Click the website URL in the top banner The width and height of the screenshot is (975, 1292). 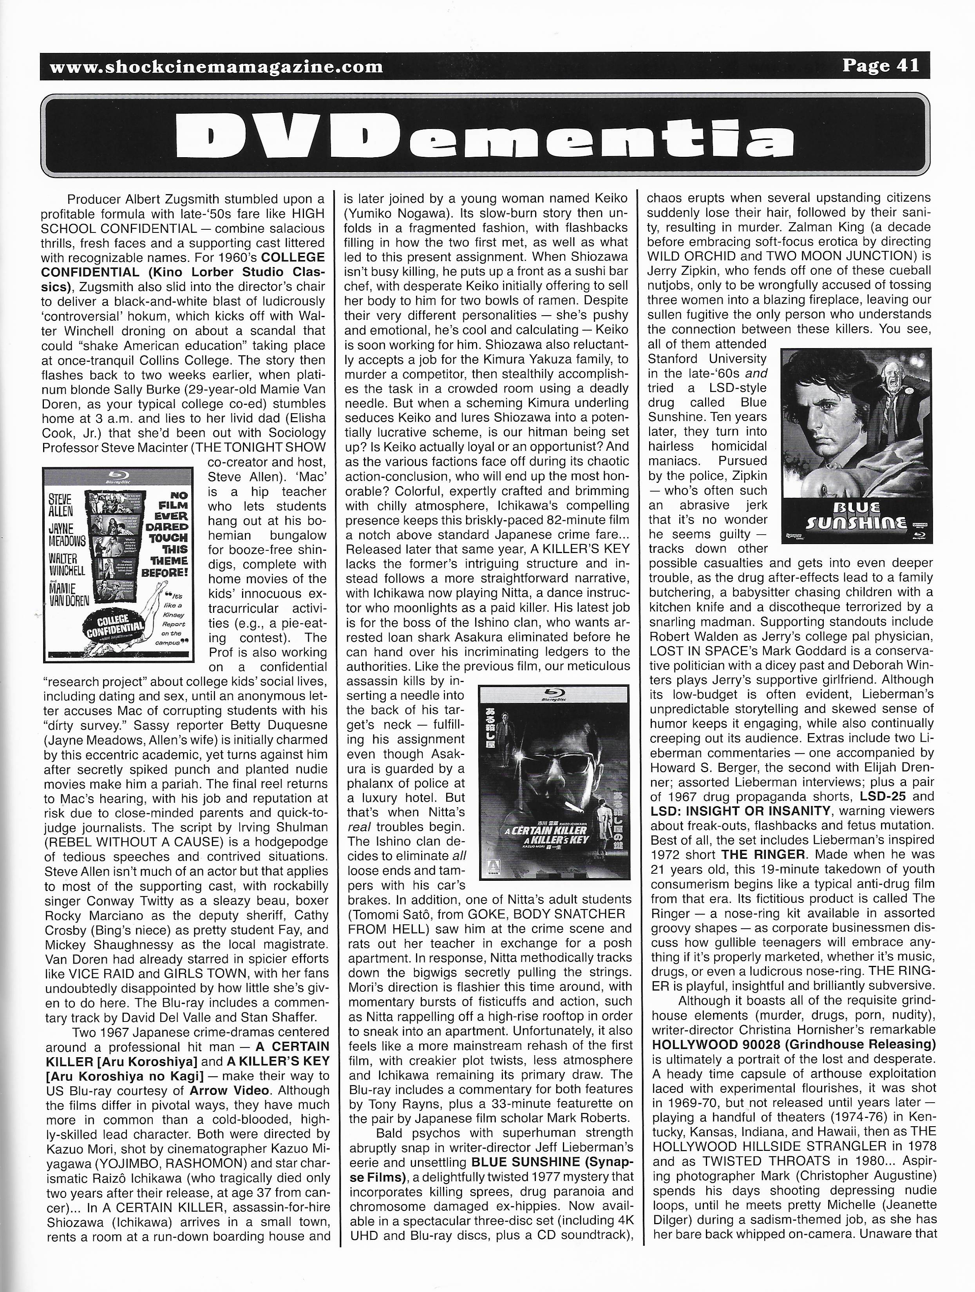point(216,67)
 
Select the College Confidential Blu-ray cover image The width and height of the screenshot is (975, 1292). point(119,564)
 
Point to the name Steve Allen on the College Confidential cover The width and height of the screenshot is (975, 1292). point(61,506)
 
